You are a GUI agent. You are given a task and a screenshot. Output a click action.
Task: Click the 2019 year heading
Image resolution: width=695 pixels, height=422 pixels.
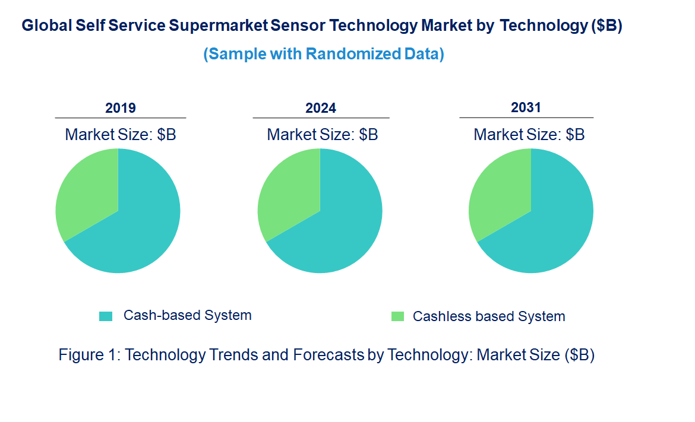coord(121,108)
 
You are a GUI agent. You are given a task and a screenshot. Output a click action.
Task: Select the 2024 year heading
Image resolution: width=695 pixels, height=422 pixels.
coord(321,108)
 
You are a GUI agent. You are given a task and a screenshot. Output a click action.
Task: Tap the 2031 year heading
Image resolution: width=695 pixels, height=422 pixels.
coord(526,107)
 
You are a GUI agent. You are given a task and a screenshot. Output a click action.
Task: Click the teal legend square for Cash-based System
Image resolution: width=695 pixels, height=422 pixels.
coord(106,316)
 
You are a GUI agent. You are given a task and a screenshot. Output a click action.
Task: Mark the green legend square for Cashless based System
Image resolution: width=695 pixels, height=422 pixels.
coord(397,316)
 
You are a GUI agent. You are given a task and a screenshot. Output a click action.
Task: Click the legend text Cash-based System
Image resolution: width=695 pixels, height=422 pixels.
coord(187,315)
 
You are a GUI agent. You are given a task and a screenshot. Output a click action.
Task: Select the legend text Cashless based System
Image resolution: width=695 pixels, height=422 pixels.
coord(489,316)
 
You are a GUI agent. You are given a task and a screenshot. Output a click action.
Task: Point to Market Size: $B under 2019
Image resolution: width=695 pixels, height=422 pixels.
coord(121,135)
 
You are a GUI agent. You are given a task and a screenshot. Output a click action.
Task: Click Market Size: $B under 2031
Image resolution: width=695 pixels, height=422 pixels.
coord(529,135)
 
